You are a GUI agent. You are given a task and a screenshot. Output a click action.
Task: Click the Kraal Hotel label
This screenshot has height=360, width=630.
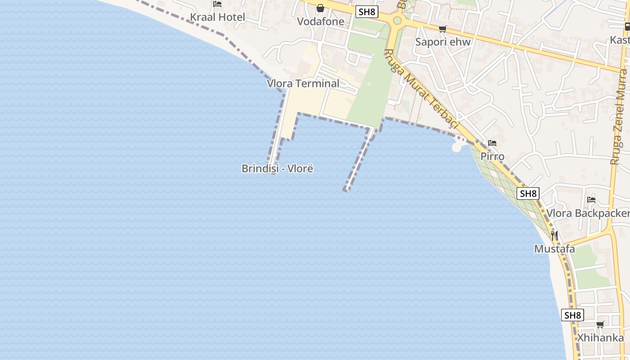(217, 18)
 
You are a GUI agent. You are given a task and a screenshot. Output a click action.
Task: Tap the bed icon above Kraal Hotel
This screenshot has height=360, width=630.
(217, 4)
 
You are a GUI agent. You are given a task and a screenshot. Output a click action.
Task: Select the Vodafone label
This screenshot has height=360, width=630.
(320, 22)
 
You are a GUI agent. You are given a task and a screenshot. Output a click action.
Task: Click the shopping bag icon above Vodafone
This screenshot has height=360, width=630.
(320, 8)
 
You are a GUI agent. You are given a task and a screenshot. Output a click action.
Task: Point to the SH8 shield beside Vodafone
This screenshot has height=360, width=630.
(367, 12)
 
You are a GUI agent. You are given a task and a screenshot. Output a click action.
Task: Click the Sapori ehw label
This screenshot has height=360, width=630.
(443, 42)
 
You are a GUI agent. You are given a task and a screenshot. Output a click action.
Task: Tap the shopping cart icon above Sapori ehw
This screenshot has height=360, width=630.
(443, 29)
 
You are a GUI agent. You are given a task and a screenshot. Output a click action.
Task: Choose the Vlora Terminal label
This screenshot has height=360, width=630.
(303, 84)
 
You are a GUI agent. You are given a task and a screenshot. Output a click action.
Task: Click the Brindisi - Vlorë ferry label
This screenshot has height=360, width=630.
(277, 169)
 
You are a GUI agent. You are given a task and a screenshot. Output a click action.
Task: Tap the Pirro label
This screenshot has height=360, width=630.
(492, 157)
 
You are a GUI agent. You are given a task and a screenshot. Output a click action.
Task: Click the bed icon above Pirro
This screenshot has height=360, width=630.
(492, 144)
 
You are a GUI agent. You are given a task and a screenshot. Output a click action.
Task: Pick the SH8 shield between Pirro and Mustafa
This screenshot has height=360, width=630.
(528, 194)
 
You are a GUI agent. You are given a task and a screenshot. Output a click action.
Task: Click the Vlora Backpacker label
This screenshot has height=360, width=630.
(588, 213)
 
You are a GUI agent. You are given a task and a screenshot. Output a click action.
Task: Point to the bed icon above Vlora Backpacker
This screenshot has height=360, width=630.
(591, 200)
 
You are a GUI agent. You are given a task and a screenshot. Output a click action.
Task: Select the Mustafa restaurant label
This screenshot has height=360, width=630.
(554, 249)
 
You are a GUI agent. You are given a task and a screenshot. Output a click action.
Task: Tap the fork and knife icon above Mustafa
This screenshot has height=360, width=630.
(554, 235)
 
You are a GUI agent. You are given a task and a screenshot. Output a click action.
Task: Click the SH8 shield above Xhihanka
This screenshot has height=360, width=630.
(573, 315)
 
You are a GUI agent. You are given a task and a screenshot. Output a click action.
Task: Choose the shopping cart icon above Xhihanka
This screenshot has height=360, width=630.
(600, 324)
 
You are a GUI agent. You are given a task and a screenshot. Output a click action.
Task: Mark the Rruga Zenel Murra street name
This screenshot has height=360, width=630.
(619, 117)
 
